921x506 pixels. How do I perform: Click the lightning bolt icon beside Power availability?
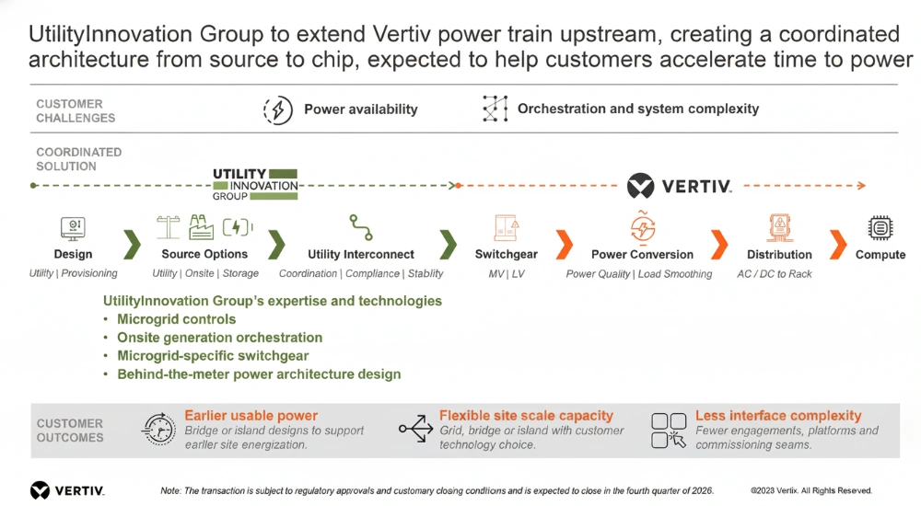click(x=278, y=109)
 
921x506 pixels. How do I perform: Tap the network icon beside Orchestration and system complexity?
click(x=495, y=109)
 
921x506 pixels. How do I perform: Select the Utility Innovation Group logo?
click(x=255, y=184)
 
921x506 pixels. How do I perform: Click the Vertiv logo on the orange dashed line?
click(x=679, y=186)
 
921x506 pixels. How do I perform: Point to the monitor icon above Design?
click(x=73, y=228)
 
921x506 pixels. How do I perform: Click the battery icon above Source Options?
click(x=238, y=227)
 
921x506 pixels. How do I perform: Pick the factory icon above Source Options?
click(x=201, y=227)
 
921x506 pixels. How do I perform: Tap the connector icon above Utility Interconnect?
click(x=361, y=227)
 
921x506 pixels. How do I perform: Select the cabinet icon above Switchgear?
click(x=506, y=228)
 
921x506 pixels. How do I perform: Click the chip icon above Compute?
click(x=880, y=228)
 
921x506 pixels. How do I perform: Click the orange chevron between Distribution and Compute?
click(x=839, y=244)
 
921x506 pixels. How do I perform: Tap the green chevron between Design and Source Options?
click(x=132, y=244)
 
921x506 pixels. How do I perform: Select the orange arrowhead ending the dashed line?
click(x=862, y=186)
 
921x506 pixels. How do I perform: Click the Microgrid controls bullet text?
click(x=176, y=319)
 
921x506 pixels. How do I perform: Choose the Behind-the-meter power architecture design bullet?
click(x=259, y=374)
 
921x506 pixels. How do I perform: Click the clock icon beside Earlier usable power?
click(x=158, y=429)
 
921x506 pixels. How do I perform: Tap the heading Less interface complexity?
click(x=778, y=416)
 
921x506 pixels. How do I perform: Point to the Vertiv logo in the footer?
click(x=67, y=490)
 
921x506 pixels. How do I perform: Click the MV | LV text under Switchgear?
click(x=507, y=273)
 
